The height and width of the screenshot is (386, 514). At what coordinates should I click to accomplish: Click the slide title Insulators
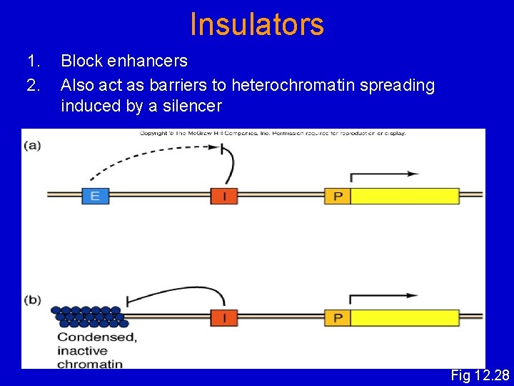[x=257, y=24]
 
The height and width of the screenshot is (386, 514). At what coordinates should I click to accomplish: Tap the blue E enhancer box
[x=95, y=195]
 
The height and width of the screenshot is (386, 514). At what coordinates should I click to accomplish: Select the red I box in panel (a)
[x=223, y=195]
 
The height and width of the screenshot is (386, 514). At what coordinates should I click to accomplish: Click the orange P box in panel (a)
[x=338, y=195]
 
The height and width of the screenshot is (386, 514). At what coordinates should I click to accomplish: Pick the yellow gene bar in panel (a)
[x=405, y=195]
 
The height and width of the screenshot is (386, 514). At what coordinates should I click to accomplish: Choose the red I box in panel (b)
[x=223, y=317]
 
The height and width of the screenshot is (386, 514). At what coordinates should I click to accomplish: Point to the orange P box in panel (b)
[x=338, y=317]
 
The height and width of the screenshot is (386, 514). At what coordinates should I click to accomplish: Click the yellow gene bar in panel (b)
[x=405, y=317]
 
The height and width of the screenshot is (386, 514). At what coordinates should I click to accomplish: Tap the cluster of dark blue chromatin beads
[x=89, y=317]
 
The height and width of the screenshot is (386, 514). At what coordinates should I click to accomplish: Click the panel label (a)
[x=32, y=145]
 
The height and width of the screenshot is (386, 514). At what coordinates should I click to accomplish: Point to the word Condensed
[x=96, y=337]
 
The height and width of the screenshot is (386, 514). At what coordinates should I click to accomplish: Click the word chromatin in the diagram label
[x=89, y=363]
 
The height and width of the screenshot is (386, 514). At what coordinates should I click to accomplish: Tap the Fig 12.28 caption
[x=480, y=375]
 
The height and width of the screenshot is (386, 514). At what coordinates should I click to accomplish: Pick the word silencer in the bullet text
[x=193, y=107]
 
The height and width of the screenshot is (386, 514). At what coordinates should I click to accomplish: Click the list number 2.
[x=32, y=86]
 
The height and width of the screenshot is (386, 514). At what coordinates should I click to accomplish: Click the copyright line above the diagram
[x=272, y=133]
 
